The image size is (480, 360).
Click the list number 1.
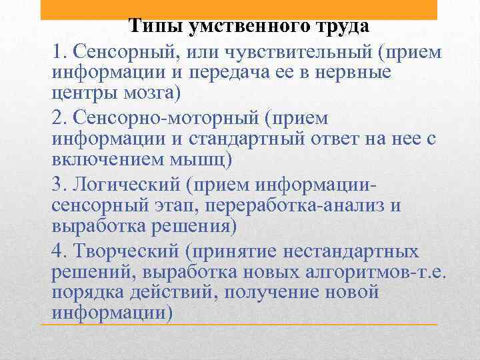(57, 51)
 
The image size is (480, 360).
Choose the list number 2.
(57, 118)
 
